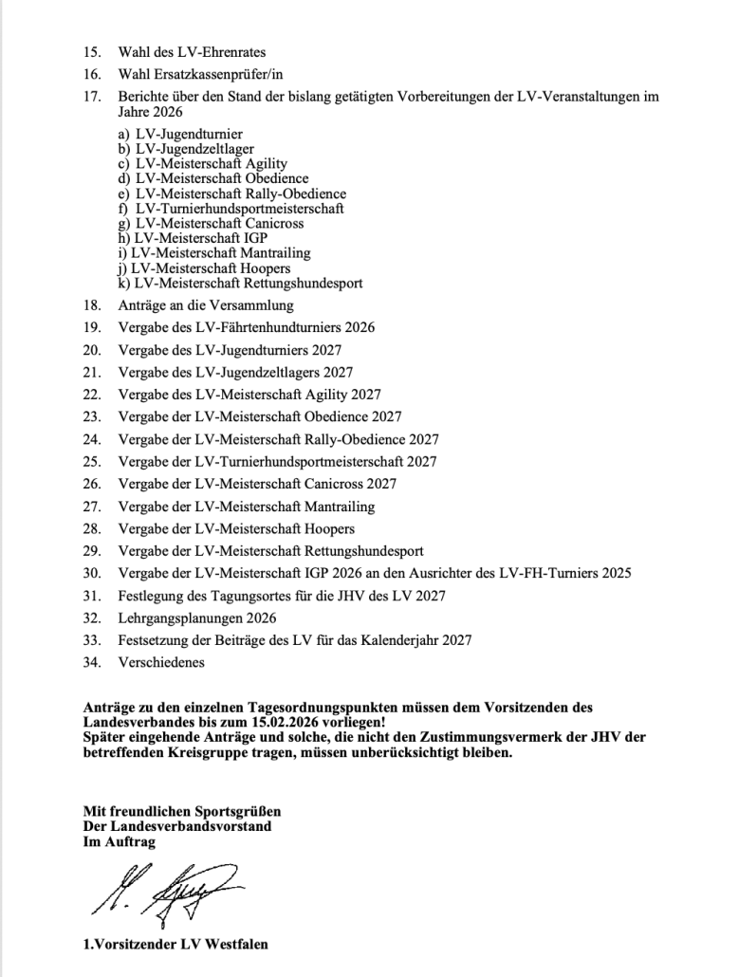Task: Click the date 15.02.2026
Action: (284, 721)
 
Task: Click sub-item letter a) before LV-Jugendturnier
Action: (124, 134)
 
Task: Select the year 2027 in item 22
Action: (366, 395)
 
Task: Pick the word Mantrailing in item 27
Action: (339, 507)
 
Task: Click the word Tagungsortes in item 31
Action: (237, 596)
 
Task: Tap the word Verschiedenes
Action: (161, 663)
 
